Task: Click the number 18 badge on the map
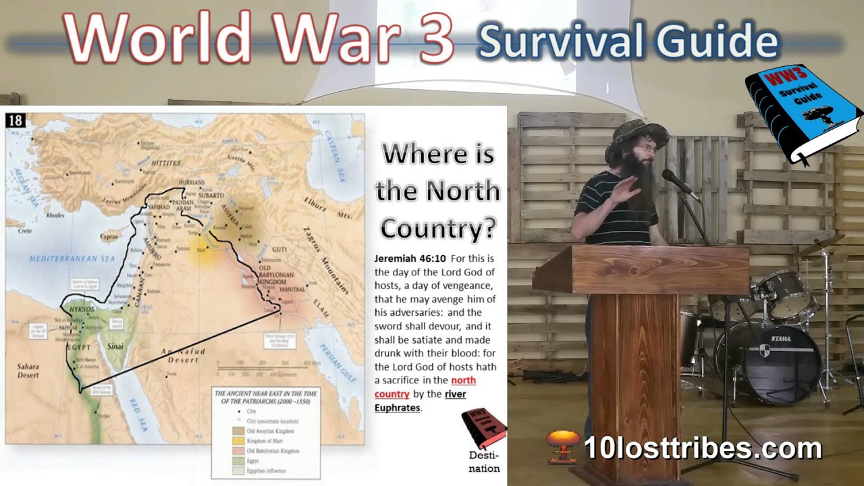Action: click(x=16, y=121)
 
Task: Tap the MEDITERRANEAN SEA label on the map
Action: click(x=72, y=257)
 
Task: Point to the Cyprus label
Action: click(x=109, y=238)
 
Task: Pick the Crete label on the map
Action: click(x=25, y=231)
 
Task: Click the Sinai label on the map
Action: click(x=117, y=347)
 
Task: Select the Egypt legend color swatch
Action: click(x=221, y=460)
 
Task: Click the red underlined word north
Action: click(x=463, y=381)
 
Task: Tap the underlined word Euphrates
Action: click(x=397, y=408)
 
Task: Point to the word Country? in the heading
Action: click(x=437, y=228)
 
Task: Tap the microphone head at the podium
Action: click(x=672, y=179)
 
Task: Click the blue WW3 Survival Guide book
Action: click(x=800, y=115)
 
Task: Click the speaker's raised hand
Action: click(x=625, y=189)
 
